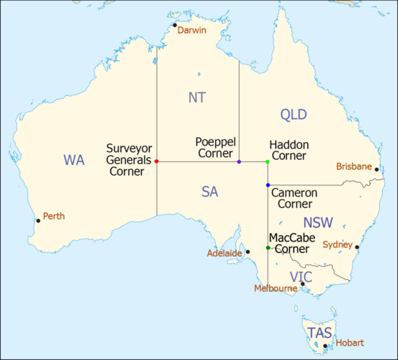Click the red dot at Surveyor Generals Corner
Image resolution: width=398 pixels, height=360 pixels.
[x=157, y=161]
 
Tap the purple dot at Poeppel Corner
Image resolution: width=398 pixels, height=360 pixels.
[x=239, y=161]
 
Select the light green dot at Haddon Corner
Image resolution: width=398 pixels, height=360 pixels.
[x=268, y=161]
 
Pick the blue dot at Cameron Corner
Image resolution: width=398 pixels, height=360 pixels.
[x=268, y=184]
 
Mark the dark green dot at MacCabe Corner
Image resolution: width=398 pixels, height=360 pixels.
[x=268, y=247]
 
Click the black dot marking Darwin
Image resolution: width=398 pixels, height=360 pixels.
[x=175, y=25]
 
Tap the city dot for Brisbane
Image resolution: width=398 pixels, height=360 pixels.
[x=377, y=169]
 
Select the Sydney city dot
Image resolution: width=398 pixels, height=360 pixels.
[x=358, y=247]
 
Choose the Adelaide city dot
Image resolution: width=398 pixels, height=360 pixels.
[x=247, y=252]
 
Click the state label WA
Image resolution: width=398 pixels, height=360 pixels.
[x=74, y=160]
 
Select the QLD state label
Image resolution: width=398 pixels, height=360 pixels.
[x=294, y=114]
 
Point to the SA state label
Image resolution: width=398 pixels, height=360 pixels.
[x=210, y=192]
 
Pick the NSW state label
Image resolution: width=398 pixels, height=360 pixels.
[x=319, y=223]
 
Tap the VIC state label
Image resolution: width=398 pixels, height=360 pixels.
[x=301, y=277]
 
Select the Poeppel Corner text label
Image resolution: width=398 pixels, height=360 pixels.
[x=214, y=147]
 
